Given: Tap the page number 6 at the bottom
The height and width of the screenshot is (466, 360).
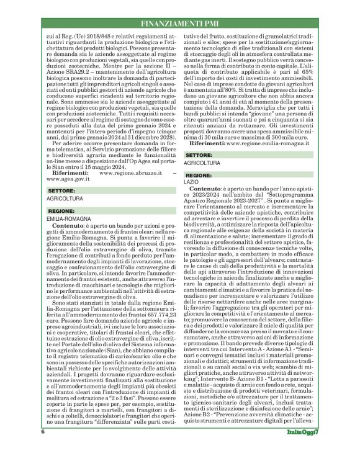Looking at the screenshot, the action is coord(43,449).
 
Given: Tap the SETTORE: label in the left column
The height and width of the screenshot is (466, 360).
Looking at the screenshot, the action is coord(61,190).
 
